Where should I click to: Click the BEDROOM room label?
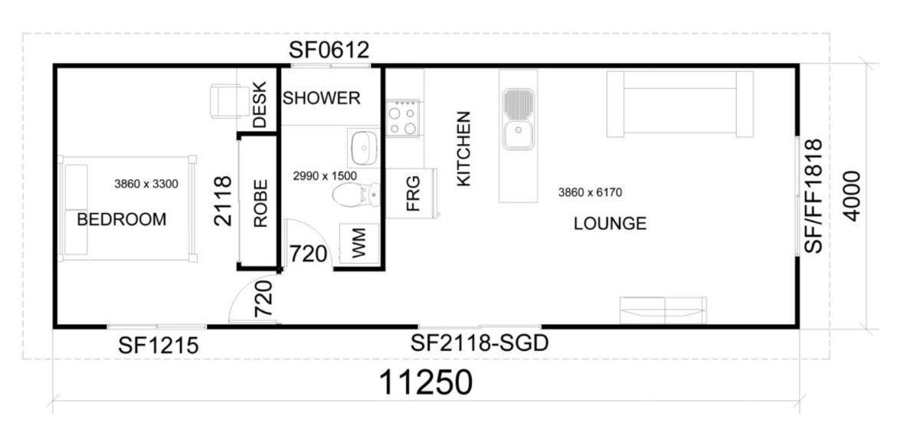click(122, 220)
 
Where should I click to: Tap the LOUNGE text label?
click(610, 224)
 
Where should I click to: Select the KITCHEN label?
click(464, 149)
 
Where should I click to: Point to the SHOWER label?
click(322, 98)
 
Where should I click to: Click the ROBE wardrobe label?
click(260, 203)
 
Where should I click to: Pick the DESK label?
click(260, 105)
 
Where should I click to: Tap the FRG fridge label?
click(412, 193)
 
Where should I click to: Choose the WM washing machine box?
click(358, 244)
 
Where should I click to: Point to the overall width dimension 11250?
click(427, 382)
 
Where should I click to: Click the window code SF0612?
click(329, 51)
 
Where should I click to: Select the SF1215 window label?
click(158, 346)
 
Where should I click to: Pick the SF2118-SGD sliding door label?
click(480, 343)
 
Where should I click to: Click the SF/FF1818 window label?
click(813, 195)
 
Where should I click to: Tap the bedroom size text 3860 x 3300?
click(146, 184)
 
